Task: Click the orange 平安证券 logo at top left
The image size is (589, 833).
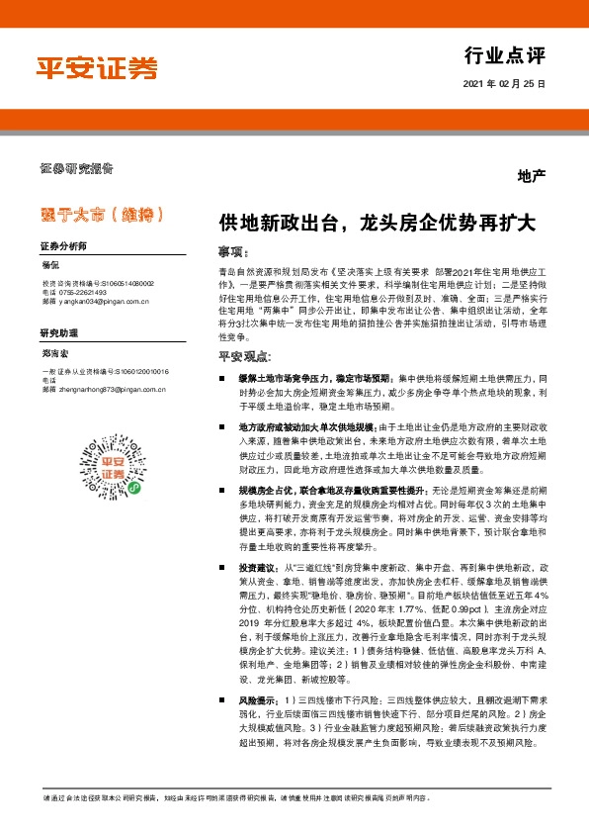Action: pos(97,68)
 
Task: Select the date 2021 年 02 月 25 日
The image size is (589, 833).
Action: pos(503,85)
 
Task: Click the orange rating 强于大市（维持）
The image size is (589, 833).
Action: pos(102,213)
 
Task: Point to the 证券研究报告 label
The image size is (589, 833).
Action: pos(76,167)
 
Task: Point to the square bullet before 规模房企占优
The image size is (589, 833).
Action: pos(223,491)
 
